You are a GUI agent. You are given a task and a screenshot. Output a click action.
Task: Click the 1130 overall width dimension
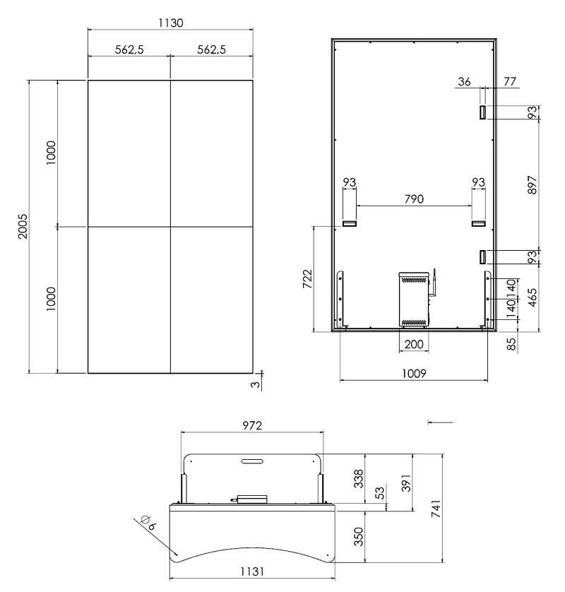[171, 23]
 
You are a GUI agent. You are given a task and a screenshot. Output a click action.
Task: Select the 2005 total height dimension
[23, 226]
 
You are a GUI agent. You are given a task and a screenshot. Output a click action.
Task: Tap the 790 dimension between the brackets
[414, 199]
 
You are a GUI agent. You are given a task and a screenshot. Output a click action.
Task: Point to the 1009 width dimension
[414, 374]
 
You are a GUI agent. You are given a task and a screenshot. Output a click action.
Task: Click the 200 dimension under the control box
[414, 344]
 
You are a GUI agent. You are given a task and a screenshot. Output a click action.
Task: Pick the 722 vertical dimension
[308, 279]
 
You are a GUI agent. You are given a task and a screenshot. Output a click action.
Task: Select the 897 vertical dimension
[532, 185]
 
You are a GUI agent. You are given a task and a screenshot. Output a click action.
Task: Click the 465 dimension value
[532, 297]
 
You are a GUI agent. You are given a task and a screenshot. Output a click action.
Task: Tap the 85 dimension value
[511, 344]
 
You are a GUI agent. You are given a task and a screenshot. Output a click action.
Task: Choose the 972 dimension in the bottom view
[251, 425]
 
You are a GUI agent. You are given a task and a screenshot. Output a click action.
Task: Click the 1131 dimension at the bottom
[252, 572]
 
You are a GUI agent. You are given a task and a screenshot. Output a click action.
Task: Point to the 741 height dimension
[436, 509]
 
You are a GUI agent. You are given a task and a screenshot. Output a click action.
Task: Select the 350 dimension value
[359, 536]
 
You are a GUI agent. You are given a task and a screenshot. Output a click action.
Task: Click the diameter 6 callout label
[148, 523]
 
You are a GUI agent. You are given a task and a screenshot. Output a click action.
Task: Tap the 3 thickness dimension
[256, 384]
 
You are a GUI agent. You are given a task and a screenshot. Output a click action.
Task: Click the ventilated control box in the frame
[415, 299]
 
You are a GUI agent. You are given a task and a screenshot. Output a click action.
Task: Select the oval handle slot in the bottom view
[252, 461]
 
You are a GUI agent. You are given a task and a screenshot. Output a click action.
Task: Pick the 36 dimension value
[464, 81]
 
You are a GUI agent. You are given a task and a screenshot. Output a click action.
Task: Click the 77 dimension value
[509, 81]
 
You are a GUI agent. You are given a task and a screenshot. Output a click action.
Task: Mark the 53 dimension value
[381, 492]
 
